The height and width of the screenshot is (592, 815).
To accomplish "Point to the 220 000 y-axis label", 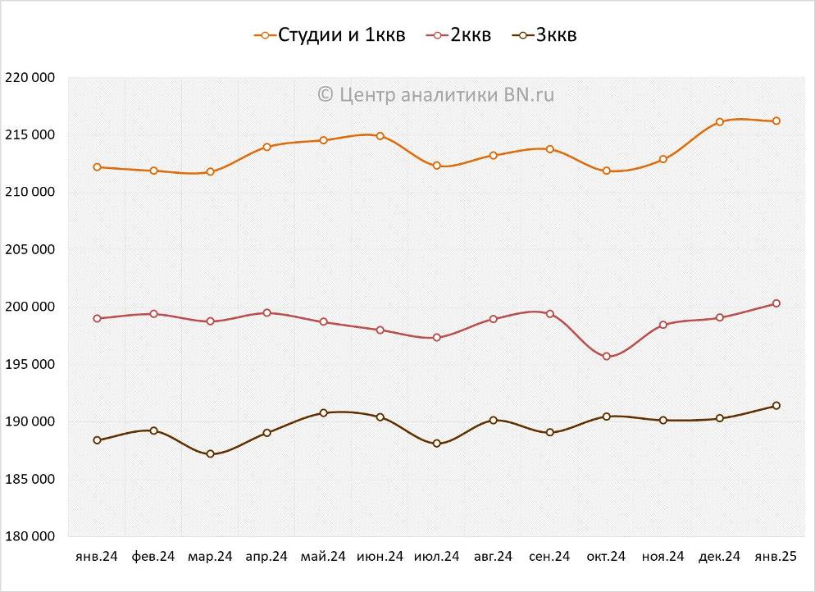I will click(x=30, y=78).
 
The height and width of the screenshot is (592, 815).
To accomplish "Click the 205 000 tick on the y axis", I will click(x=30, y=250).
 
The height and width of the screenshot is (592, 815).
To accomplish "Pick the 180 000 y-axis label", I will click(x=30, y=536).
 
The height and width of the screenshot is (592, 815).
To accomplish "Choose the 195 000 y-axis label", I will click(x=30, y=364).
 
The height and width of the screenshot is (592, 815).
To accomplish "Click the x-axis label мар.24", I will click(x=210, y=557).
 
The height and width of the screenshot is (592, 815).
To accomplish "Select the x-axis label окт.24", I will click(x=606, y=557).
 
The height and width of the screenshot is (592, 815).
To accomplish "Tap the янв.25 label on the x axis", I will click(x=776, y=557).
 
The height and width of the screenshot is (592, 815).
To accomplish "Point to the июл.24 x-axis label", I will click(x=436, y=557).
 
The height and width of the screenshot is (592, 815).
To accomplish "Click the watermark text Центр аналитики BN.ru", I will click(x=435, y=94).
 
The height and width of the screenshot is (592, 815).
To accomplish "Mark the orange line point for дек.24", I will click(x=720, y=121).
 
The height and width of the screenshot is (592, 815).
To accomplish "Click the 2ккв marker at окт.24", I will click(x=607, y=357).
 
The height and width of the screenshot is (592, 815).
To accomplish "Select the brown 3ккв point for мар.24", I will click(x=211, y=453).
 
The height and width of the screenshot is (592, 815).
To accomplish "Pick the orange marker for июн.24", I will click(x=380, y=136).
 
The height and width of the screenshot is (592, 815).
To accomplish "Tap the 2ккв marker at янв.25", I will click(x=776, y=303).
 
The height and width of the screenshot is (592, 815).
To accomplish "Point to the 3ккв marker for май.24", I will click(x=324, y=412).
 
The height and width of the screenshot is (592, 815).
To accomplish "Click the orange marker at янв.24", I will click(x=98, y=167).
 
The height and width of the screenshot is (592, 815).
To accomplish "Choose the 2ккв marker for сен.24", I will click(x=550, y=314).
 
